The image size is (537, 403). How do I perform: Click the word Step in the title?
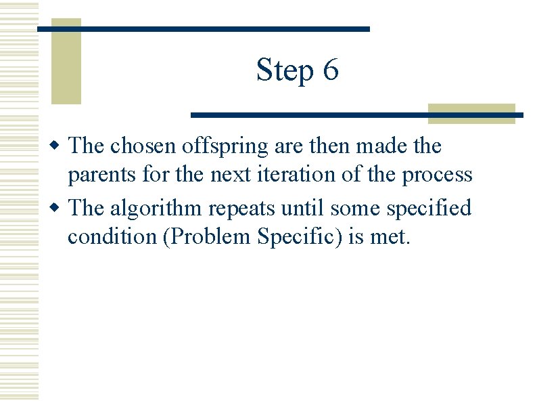tap(285, 70)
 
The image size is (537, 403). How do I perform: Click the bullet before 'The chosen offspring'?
tap(60, 146)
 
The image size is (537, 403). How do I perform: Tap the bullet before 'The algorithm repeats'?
tap(60, 209)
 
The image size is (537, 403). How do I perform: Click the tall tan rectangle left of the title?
tap(66, 62)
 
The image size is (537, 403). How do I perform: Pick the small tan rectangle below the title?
tap(471, 113)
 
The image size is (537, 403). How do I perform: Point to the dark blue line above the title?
tap(203, 29)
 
